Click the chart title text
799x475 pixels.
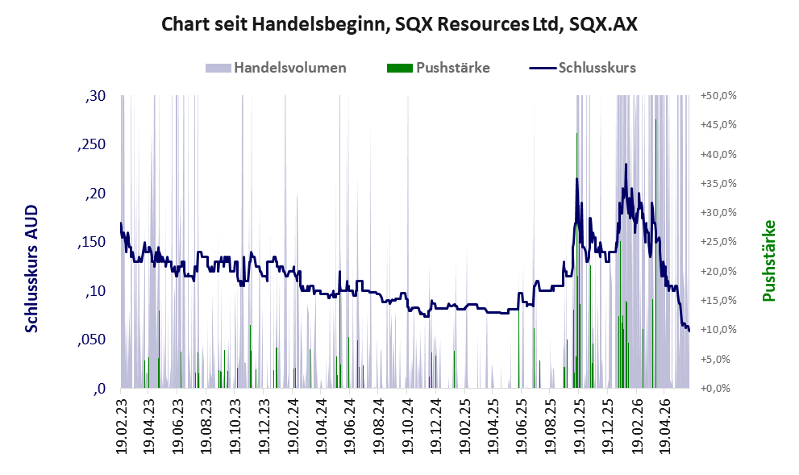[399, 24]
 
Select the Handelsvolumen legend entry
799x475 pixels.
[276, 68]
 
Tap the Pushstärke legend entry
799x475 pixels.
[439, 68]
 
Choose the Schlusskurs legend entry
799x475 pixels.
[582, 68]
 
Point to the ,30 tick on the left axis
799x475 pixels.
[95, 96]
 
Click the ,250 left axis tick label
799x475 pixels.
[92, 144]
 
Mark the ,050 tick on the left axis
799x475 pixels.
[92, 340]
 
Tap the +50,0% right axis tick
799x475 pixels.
[718, 96]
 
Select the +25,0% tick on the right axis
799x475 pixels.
[718, 242]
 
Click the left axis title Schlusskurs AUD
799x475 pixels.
[31, 269]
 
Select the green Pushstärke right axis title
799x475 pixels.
[769, 261]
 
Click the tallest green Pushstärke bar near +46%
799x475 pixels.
[655, 253]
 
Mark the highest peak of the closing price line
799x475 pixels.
[626, 164]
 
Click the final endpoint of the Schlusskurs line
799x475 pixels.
[689, 331]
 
